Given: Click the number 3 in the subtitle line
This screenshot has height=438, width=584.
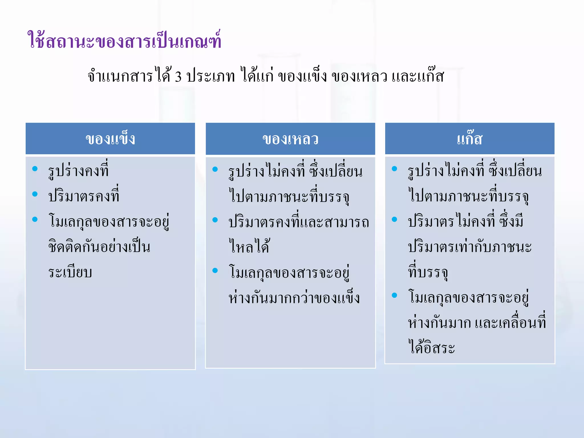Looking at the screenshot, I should [x=178, y=76].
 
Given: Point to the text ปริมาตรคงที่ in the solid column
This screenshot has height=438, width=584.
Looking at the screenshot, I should [x=84, y=196].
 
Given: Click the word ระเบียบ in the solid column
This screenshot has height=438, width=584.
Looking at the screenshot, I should [x=70, y=272].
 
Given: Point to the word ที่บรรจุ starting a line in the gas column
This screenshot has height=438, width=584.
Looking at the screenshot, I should [x=428, y=272].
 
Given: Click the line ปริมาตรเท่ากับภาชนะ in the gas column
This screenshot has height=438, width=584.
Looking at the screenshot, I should [x=470, y=247].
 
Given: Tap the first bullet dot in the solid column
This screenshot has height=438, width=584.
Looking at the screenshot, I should [x=35, y=169].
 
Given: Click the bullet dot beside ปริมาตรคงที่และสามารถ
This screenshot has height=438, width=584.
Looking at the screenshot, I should [x=215, y=220].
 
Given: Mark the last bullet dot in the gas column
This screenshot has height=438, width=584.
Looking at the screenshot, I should [x=394, y=295].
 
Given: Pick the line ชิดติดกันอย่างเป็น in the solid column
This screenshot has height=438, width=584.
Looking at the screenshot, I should [x=99, y=247].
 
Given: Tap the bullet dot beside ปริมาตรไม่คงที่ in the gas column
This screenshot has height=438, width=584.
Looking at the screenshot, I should [x=394, y=219].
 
